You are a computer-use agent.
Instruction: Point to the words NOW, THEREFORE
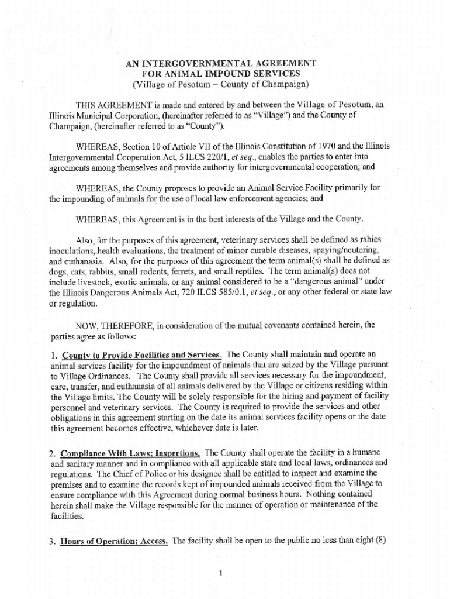point(106,326)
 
